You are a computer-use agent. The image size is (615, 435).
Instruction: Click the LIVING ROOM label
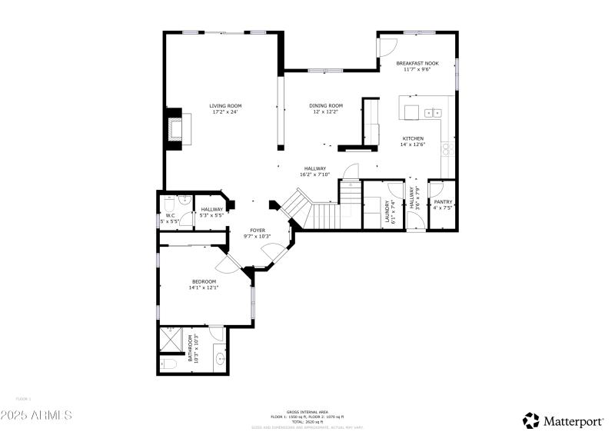pyautogui.click(x=226, y=106)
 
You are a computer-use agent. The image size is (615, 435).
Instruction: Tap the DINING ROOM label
pyautogui.click(x=326, y=106)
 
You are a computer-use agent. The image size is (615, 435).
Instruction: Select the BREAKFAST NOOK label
pyautogui.click(x=417, y=64)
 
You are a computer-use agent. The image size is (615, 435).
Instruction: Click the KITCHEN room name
pyautogui.click(x=413, y=139)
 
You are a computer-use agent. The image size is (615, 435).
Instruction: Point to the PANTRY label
pyautogui.click(x=443, y=202)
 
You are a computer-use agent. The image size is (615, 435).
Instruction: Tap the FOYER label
pyautogui.click(x=258, y=230)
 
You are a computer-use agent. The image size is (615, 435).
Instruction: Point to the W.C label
pyautogui.click(x=171, y=216)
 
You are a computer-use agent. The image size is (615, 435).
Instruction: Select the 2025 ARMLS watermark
pyautogui.click(x=36, y=415)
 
